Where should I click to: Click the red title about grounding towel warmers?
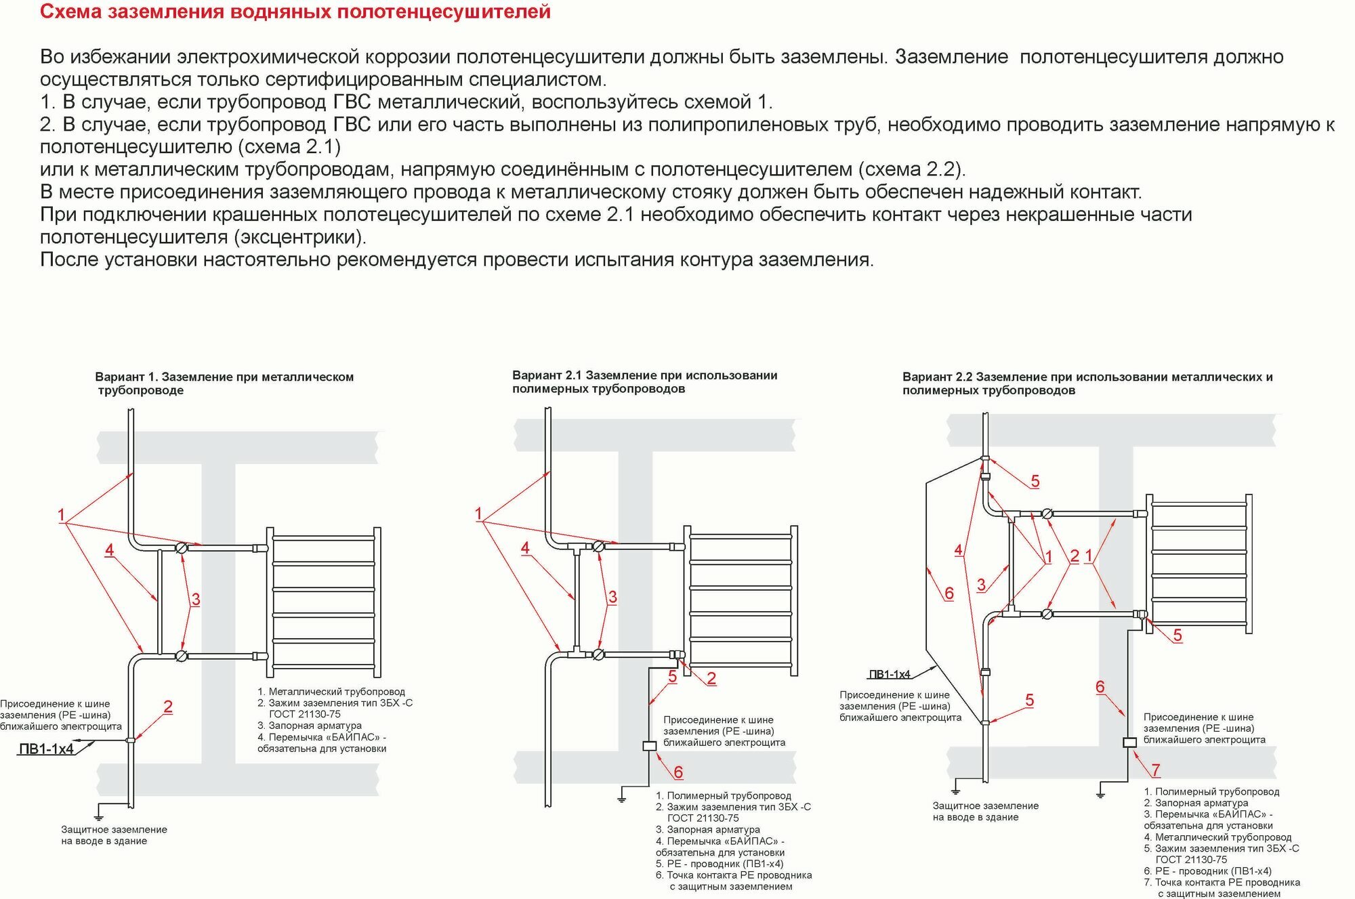coord(295,12)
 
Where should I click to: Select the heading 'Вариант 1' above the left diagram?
coord(224,377)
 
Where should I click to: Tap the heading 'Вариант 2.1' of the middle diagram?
coord(644,376)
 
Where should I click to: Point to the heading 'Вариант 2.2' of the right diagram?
coord(1087,377)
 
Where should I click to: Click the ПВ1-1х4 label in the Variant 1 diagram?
coord(46,749)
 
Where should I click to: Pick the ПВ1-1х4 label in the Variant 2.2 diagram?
coord(890,674)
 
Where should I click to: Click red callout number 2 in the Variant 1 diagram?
coord(168,707)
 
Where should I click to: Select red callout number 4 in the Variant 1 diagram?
coord(109,550)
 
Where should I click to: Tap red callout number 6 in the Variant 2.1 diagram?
coord(678,772)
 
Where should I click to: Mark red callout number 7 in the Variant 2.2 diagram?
coord(1156,770)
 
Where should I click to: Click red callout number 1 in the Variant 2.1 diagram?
coord(478,514)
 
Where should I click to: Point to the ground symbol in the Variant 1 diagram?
coord(100,812)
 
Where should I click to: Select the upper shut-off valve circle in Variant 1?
coord(182,547)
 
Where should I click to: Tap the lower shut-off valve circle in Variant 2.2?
coord(1047,614)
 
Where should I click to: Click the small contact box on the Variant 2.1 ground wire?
coord(649,746)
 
